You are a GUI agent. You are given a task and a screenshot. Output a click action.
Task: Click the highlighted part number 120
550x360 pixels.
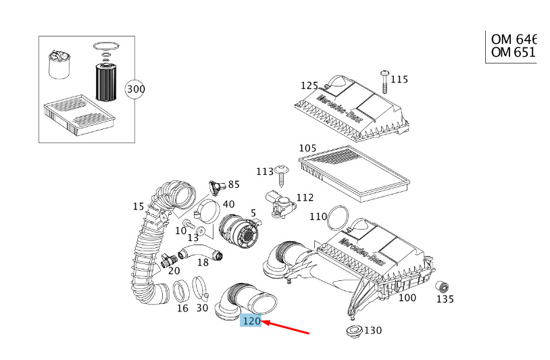251,321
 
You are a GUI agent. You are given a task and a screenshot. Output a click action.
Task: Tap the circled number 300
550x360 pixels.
135,89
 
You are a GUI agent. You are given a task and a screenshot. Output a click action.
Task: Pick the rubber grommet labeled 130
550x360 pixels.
354,331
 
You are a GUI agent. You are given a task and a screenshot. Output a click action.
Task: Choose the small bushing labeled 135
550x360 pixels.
443,288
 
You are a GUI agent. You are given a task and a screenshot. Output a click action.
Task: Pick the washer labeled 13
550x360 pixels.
201,230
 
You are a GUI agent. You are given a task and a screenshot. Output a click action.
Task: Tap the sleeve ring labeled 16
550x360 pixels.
181,291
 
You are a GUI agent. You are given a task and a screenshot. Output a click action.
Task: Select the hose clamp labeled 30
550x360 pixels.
201,289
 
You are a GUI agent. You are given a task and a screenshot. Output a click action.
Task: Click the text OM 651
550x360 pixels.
513,53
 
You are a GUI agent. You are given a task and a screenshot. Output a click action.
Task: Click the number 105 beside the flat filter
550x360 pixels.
307,149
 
